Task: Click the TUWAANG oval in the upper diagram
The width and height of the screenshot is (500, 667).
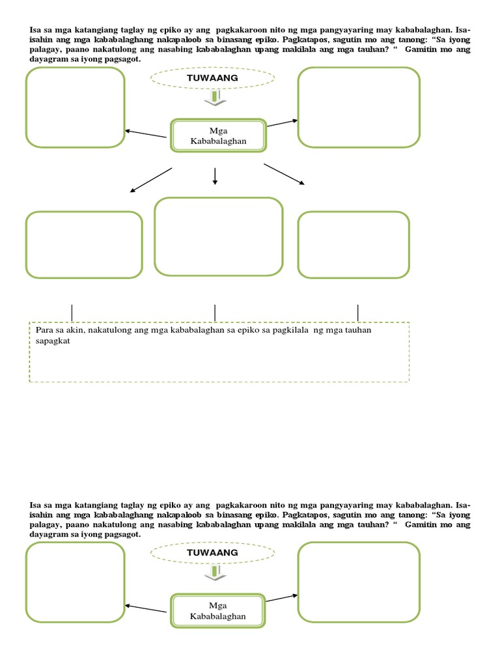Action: point(213,78)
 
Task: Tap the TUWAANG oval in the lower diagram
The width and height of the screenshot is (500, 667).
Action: point(213,553)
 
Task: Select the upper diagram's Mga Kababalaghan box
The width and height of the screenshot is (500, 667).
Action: point(218,135)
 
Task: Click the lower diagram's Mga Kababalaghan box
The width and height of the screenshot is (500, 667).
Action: point(218,610)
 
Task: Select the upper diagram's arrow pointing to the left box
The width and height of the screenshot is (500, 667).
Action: point(146,134)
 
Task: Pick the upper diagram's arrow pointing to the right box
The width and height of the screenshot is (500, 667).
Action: point(283,122)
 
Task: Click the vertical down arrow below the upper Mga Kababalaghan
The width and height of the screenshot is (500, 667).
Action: point(215,176)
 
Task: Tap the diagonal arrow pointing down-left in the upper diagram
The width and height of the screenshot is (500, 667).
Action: point(151,180)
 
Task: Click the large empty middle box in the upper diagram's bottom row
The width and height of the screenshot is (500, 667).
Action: point(218,236)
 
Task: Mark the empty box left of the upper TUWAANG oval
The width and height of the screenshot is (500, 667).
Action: point(76,107)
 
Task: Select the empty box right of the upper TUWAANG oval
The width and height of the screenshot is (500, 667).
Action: point(359,107)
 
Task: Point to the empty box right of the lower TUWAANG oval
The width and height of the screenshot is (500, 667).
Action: point(359,582)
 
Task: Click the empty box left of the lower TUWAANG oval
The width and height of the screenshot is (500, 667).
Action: point(76,582)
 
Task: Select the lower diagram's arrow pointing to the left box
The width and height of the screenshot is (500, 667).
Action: point(146,608)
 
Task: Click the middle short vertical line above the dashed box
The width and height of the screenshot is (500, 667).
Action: point(215,313)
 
